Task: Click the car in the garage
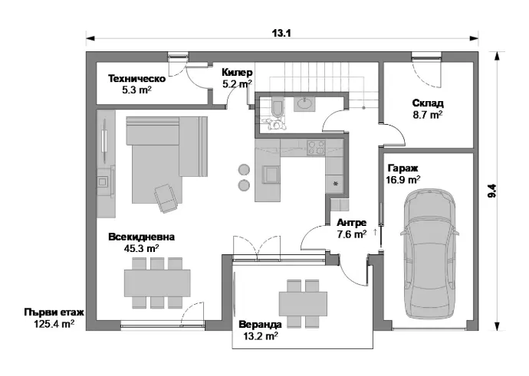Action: point(429,253)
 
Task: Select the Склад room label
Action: point(428,103)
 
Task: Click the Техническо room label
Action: point(136,79)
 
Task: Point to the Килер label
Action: point(237,73)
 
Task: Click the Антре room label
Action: point(352,223)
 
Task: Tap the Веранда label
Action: point(260,325)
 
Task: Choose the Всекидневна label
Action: point(141,237)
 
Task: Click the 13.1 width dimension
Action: point(281,33)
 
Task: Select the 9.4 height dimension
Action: point(492,191)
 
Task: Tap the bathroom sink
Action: point(304,104)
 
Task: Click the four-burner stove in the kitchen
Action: point(316,148)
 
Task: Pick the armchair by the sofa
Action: point(166,198)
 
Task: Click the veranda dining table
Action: point(303,303)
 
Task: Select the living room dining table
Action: point(157,283)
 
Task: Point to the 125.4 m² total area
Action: point(54,324)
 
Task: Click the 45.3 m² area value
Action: point(141,249)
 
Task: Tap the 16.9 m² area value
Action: point(403,180)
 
